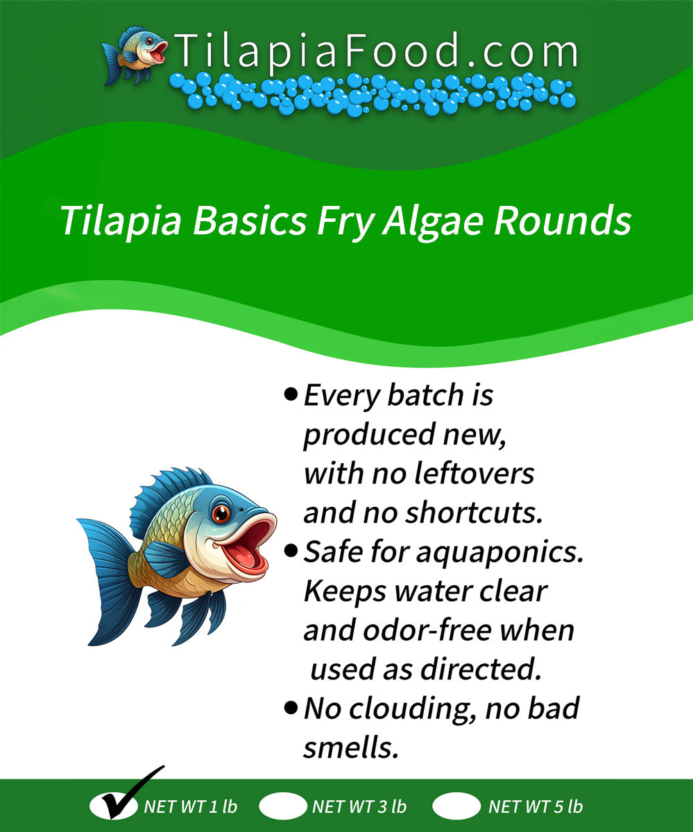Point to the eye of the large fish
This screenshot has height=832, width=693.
(x=221, y=514)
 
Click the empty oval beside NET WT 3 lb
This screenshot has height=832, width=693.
(x=283, y=806)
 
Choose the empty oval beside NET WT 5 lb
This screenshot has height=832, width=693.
(x=456, y=806)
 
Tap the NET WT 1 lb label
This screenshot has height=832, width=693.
(x=191, y=807)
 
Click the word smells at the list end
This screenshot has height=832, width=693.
(x=352, y=748)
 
